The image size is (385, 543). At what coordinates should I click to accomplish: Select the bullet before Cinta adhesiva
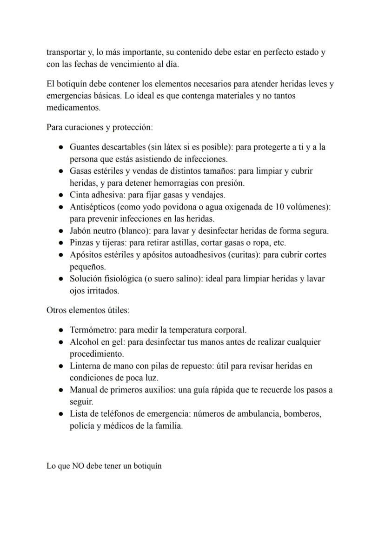(x=61, y=195)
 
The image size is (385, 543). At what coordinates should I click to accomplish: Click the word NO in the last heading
(x=78, y=466)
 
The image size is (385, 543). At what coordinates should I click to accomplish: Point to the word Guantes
(x=84, y=147)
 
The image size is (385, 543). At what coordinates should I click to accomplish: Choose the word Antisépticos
(x=93, y=207)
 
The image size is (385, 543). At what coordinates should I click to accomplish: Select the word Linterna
(x=85, y=366)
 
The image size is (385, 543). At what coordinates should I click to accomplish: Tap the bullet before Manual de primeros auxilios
(x=61, y=390)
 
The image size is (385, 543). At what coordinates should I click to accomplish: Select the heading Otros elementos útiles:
(x=84, y=310)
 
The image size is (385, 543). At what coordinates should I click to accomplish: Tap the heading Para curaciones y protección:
(x=100, y=127)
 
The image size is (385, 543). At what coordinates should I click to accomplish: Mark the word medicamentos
(x=73, y=107)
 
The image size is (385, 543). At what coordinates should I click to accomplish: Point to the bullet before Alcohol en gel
(x=61, y=342)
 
